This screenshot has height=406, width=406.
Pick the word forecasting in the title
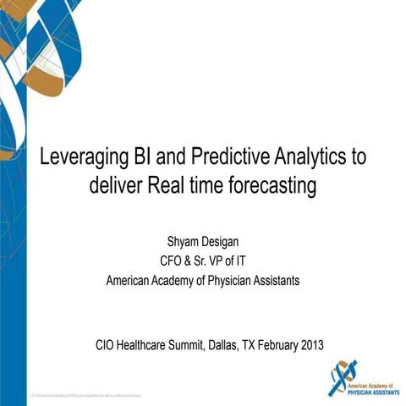point(273,186)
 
